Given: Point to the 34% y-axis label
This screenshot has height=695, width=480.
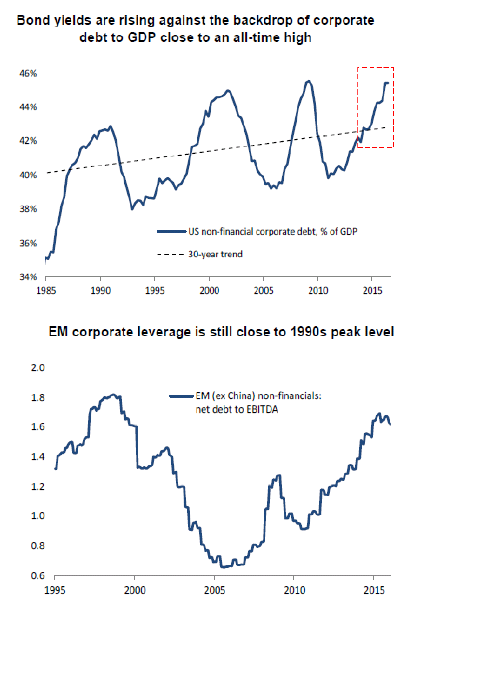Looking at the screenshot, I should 28,277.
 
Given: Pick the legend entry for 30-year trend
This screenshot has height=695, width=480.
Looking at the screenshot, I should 215,254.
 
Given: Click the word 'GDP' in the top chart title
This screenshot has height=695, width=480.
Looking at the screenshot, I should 141,38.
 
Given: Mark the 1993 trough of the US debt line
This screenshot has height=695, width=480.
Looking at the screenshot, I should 132,209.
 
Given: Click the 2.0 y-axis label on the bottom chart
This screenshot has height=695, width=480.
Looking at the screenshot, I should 38,368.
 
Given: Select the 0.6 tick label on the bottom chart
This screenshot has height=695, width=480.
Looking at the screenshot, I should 38,576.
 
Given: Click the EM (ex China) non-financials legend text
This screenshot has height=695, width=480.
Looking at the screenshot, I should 258,396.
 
